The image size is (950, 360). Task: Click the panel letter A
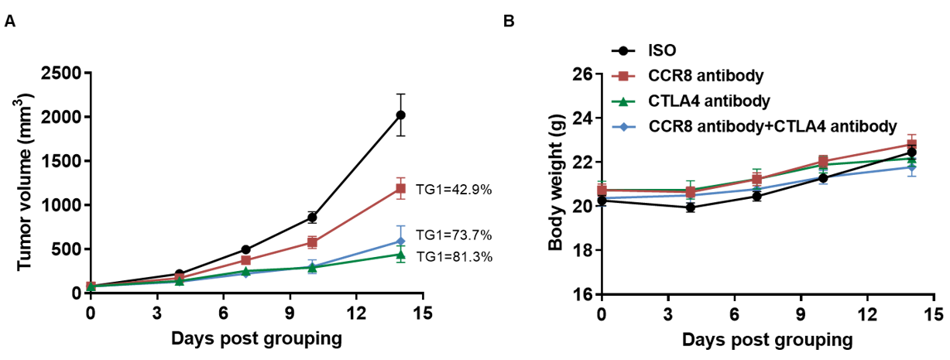pyautogui.click(x=10, y=22)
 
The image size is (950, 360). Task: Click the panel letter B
pyautogui.click(x=509, y=22)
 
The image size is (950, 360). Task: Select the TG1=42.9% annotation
pyautogui.click(x=454, y=189)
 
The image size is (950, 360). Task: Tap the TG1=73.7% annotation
pyautogui.click(x=454, y=235)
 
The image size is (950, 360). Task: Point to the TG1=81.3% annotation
pyautogui.click(x=454, y=256)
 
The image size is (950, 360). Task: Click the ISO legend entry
pyautogui.click(x=662, y=51)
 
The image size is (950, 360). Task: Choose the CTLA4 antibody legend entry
pyautogui.click(x=708, y=101)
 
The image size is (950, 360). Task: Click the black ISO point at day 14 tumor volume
pyautogui.click(x=400, y=115)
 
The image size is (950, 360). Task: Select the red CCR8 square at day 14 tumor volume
pyautogui.click(x=400, y=188)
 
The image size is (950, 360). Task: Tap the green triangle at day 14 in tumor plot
pyautogui.click(x=400, y=254)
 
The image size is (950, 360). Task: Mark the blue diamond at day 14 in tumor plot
pyautogui.click(x=400, y=242)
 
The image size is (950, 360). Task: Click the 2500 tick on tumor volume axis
pyautogui.click(x=66, y=74)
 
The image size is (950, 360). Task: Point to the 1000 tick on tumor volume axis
pyautogui.click(x=66, y=205)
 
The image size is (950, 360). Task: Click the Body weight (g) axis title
pyautogui.click(x=554, y=186)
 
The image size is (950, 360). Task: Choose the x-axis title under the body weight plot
pyautogui.click(x=767, y=340)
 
